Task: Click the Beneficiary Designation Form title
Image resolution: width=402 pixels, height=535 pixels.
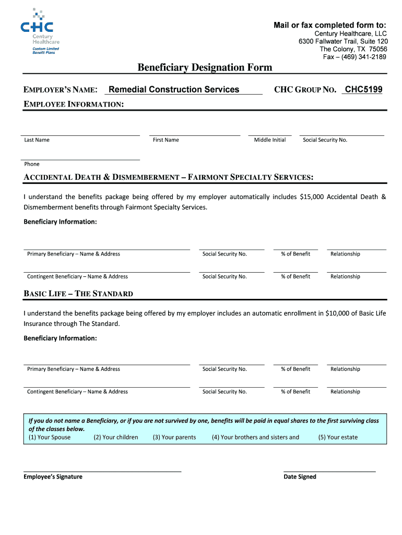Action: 205,67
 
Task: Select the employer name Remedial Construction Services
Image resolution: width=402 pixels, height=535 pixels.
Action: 174,89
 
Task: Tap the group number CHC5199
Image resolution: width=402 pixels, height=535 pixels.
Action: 363,89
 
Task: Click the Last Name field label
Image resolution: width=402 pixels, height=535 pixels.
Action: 37,140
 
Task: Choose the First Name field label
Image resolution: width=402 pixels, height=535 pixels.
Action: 165,140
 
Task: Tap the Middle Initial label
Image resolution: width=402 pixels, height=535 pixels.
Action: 270,140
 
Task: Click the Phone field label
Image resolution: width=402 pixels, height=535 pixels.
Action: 32,164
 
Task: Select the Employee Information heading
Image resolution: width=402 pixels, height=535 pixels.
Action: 74,104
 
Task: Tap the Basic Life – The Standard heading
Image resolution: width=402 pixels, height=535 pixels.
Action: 78,294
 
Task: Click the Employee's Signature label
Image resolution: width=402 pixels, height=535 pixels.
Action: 53,476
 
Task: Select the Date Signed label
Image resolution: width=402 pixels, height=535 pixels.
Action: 300,476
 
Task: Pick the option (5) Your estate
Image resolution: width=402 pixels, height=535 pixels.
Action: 338,437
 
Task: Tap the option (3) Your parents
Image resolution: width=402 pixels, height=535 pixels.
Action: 174,437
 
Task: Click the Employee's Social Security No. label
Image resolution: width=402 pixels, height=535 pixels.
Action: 325,140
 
